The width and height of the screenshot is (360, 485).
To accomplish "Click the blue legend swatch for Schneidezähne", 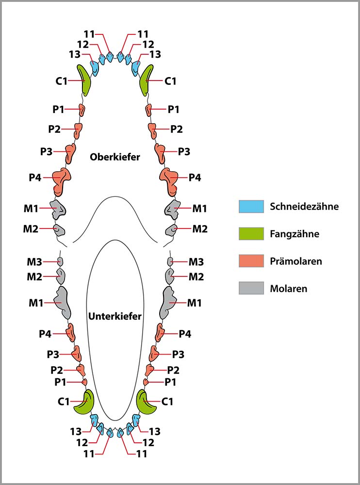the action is click(251, 207).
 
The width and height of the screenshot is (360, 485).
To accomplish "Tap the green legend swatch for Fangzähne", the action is click(251, 234).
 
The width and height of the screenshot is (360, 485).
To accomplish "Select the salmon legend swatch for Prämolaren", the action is click(251, 261).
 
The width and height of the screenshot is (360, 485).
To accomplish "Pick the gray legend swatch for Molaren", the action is click(251, 288).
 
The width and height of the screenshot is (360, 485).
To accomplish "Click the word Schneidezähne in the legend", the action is click(304, 207).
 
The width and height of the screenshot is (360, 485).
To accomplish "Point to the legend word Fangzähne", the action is click(295, 234).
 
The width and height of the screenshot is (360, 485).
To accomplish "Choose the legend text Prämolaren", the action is click(296, 261).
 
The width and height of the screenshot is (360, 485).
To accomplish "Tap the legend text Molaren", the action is click(289, 289).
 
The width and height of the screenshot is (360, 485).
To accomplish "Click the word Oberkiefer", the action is click(115, 157).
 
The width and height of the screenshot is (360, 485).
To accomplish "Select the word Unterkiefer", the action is click(115, 316).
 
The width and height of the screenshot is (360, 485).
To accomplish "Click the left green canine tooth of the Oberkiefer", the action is click(84, 81).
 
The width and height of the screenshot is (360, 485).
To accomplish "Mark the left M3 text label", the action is click(34, 262).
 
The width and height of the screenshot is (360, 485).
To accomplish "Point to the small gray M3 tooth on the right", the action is click(170, 261).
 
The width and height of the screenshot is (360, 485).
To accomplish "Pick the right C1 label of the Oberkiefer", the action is click(170, 81).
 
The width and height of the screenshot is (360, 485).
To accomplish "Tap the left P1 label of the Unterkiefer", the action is click(60, 382).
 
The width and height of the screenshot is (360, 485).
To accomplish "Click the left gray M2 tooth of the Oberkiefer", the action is click(59, 230).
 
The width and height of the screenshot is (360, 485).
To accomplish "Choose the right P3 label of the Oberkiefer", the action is click(184, 152).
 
